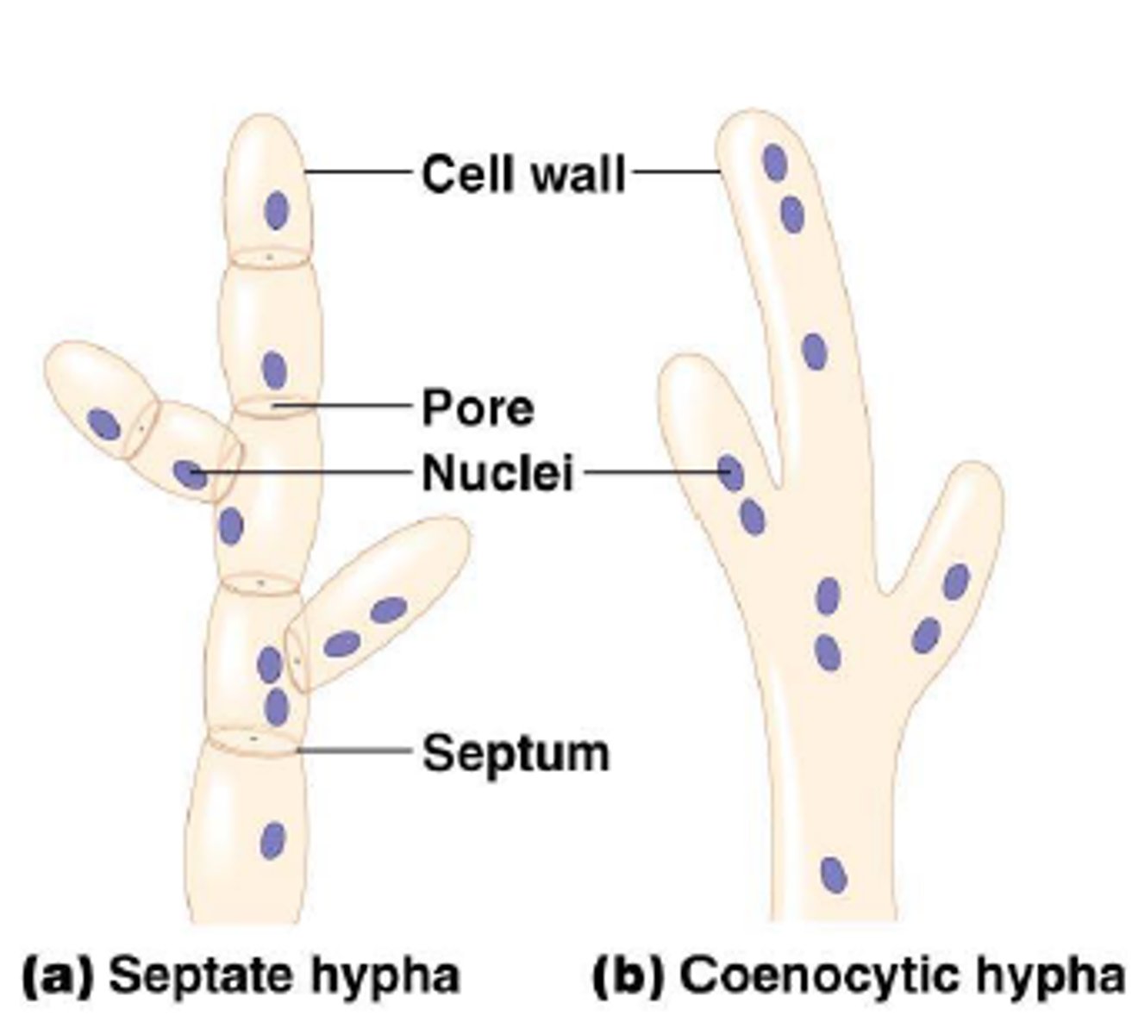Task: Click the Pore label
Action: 478,408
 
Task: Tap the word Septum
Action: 516,753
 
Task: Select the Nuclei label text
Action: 497,473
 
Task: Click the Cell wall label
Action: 522,173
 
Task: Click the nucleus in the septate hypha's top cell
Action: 276,210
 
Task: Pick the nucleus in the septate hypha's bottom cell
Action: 272,840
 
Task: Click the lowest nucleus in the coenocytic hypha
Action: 833,875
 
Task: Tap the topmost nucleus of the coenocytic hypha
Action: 774,162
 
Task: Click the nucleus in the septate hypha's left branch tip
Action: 103,425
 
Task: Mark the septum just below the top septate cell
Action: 268,257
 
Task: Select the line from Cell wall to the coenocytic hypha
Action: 676,171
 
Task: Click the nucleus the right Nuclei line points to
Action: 731,472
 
